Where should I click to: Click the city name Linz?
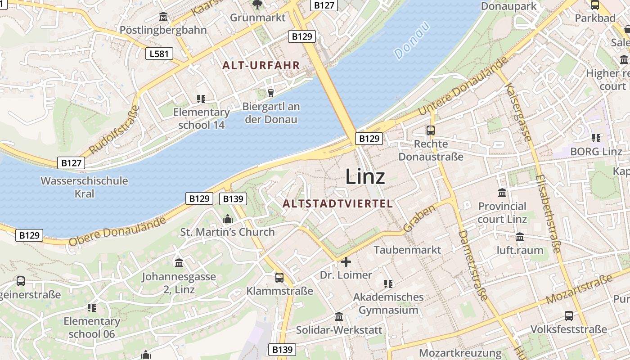point(365,176)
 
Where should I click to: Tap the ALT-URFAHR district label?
point(261,65)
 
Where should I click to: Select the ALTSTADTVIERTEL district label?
point(337,203)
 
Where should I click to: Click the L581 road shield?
point(159,54)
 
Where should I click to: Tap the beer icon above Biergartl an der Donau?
point(270,93)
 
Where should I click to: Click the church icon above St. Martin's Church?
point(228,219)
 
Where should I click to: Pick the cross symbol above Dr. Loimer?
point(346,261)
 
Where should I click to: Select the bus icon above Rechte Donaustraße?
point(431,130)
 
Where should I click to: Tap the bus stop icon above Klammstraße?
point(279,278)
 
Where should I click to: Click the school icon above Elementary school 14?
point(201,99)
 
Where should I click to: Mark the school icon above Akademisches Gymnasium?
point(388,283)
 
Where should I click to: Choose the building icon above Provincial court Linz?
point(502,193)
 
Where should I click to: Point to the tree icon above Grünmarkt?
point(257,5)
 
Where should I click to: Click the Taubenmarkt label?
point(407,250)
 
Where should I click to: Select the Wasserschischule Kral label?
point(84,187)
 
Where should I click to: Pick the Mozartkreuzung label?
point(460,353)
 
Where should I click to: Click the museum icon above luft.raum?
point(520,237)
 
